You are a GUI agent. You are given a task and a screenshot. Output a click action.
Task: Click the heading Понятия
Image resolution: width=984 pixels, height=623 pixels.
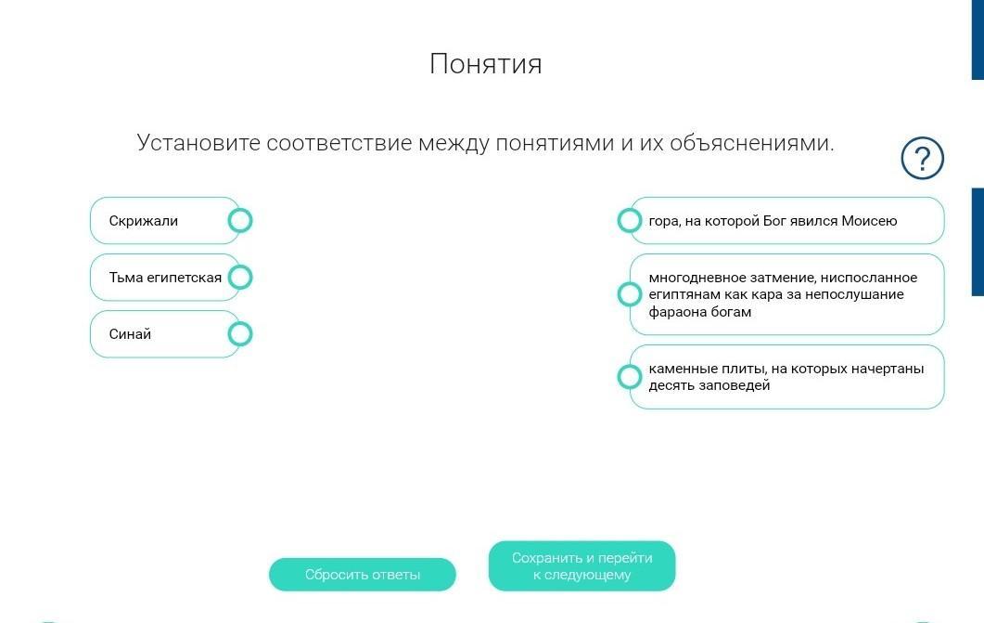pos(486,63)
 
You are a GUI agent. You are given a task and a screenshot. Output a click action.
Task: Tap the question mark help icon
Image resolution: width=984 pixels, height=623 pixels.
pos(922,158)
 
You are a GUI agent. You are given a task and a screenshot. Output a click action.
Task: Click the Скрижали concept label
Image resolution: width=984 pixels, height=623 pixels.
pos(144,221)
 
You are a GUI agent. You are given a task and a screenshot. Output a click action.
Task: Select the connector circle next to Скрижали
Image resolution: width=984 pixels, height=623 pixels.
pos(239,220)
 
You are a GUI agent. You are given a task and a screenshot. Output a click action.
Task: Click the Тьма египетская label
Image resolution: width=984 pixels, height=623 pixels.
pos(165,278)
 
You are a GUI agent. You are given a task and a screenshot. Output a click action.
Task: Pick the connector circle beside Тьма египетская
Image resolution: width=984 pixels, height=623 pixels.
pos(239,277)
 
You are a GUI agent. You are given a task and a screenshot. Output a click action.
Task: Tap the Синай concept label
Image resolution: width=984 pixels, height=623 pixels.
pos(130,334)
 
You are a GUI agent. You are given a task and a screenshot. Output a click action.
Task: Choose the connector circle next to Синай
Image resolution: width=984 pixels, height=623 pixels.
pos(239,334)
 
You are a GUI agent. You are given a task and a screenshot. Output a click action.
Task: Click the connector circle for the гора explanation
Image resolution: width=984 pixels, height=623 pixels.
pos(630,220)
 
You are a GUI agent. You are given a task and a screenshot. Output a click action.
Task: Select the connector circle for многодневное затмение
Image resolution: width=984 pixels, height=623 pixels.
pos(630,294)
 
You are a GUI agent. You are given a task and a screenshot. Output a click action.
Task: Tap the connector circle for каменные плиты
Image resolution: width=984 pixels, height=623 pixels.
pos(630,377)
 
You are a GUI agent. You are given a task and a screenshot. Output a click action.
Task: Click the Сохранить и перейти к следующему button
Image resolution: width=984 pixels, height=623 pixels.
pos(581,565)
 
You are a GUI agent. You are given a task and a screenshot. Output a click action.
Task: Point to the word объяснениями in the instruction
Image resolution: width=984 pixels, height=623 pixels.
pos(752,143)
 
